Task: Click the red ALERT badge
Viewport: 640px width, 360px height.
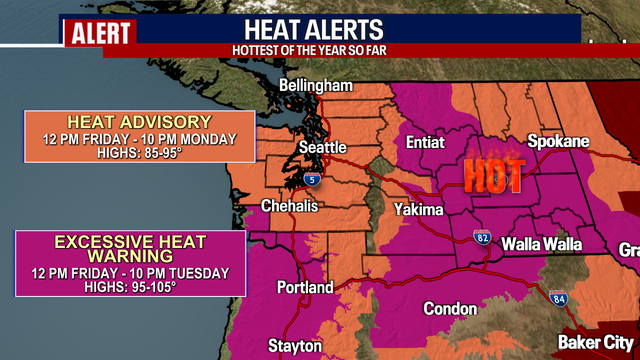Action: (x=100, y=33)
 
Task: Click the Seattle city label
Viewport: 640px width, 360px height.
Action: (x=323, y=148)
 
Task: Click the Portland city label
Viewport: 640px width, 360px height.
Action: (x=304, y=288)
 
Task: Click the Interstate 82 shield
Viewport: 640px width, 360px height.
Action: (x=482, y=238)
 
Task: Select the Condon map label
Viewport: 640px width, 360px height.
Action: (x=450, y=309)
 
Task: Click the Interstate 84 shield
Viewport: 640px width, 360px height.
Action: (x=557, y=297)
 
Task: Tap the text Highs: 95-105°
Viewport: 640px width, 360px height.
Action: (x=130, y=287)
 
